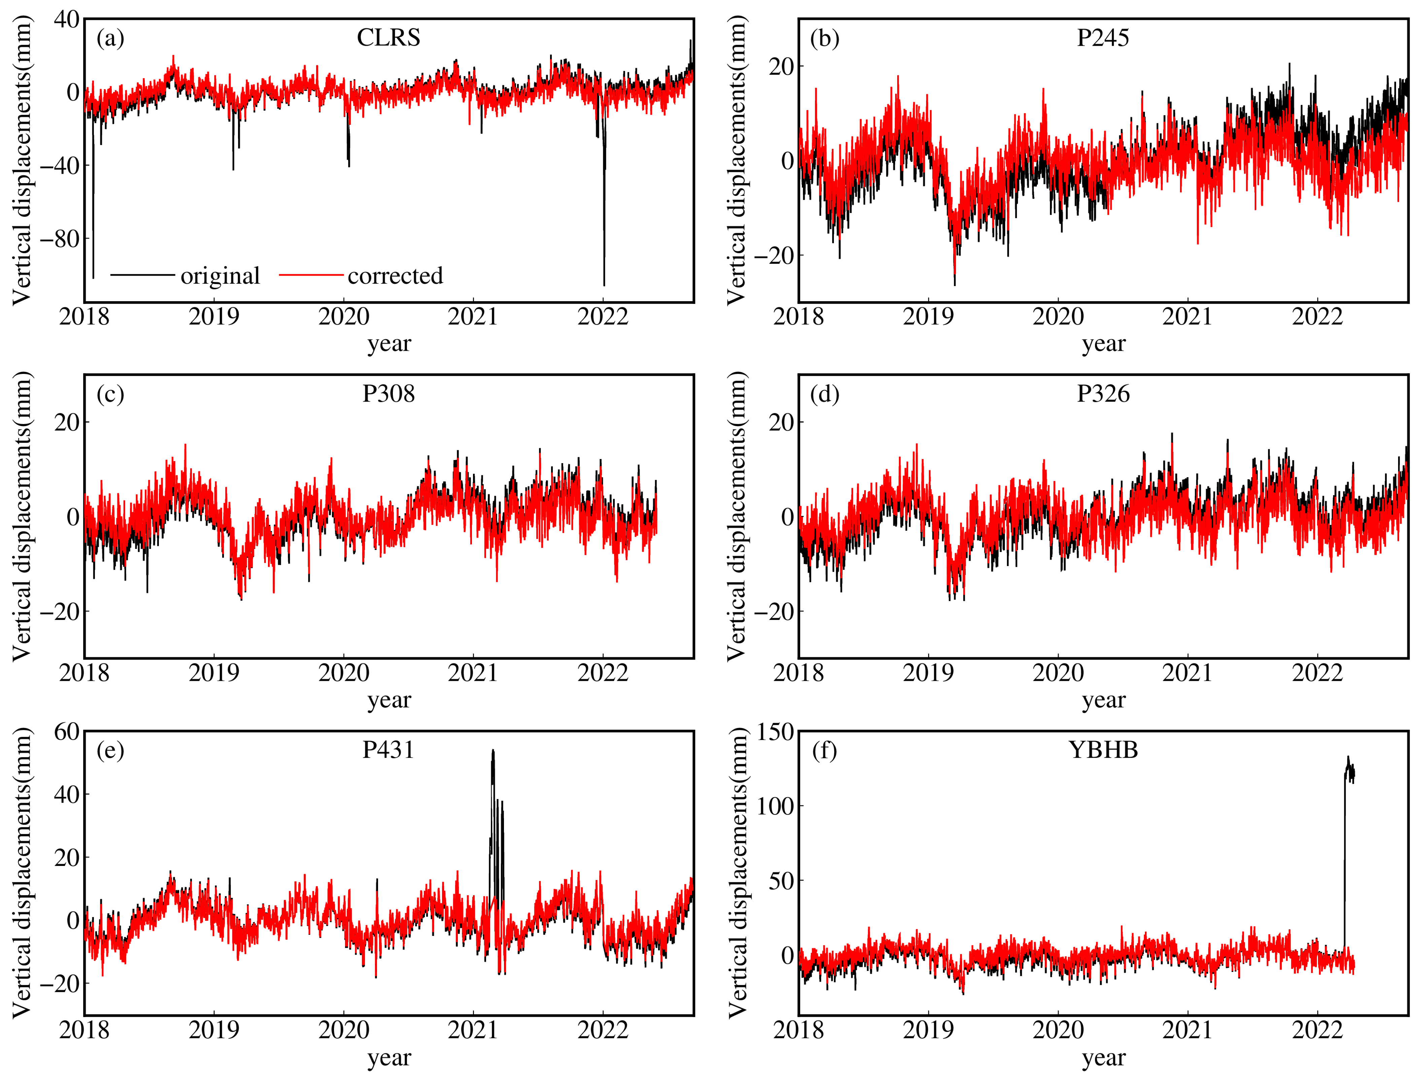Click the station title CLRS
[388, 38]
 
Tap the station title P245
[1103, 38]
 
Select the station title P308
[388, 393]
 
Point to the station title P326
[1103, 393]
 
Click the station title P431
[388, 750]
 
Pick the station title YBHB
[1103, 750]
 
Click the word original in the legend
[220, 276]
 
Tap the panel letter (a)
[110, 39]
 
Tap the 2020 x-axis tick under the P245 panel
[1058, 317]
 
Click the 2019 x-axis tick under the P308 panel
[214, 673]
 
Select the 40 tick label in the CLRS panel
[67, 20]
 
